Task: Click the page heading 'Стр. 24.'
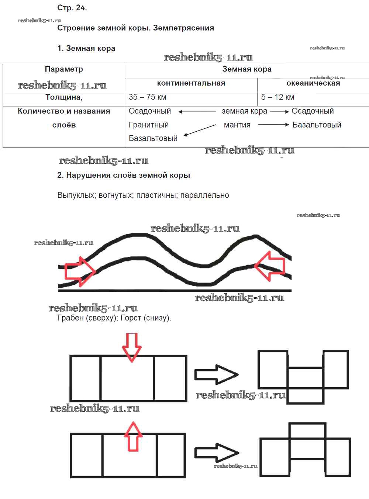pos(72,8)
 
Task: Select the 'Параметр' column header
pos(64,69)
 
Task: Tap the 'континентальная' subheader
pos(191,83)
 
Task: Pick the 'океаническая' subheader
pos(313,83)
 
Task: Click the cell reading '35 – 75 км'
pos(147,97)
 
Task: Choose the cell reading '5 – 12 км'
pos(277,97)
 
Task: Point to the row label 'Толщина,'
pos(64,97)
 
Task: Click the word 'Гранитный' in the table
pos(148,125)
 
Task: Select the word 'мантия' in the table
pos(237,125)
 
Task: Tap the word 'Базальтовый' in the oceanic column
pos(317,125)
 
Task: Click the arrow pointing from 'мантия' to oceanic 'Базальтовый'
pos(273,125)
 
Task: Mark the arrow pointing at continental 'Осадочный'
pos(197,111)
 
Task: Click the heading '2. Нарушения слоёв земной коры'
pos(124,176)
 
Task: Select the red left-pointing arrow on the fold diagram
pos(270,266)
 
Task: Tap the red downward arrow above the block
pos(132,347)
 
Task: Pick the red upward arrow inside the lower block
pos(133,437)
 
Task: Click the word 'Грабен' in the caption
pos(70,318)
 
